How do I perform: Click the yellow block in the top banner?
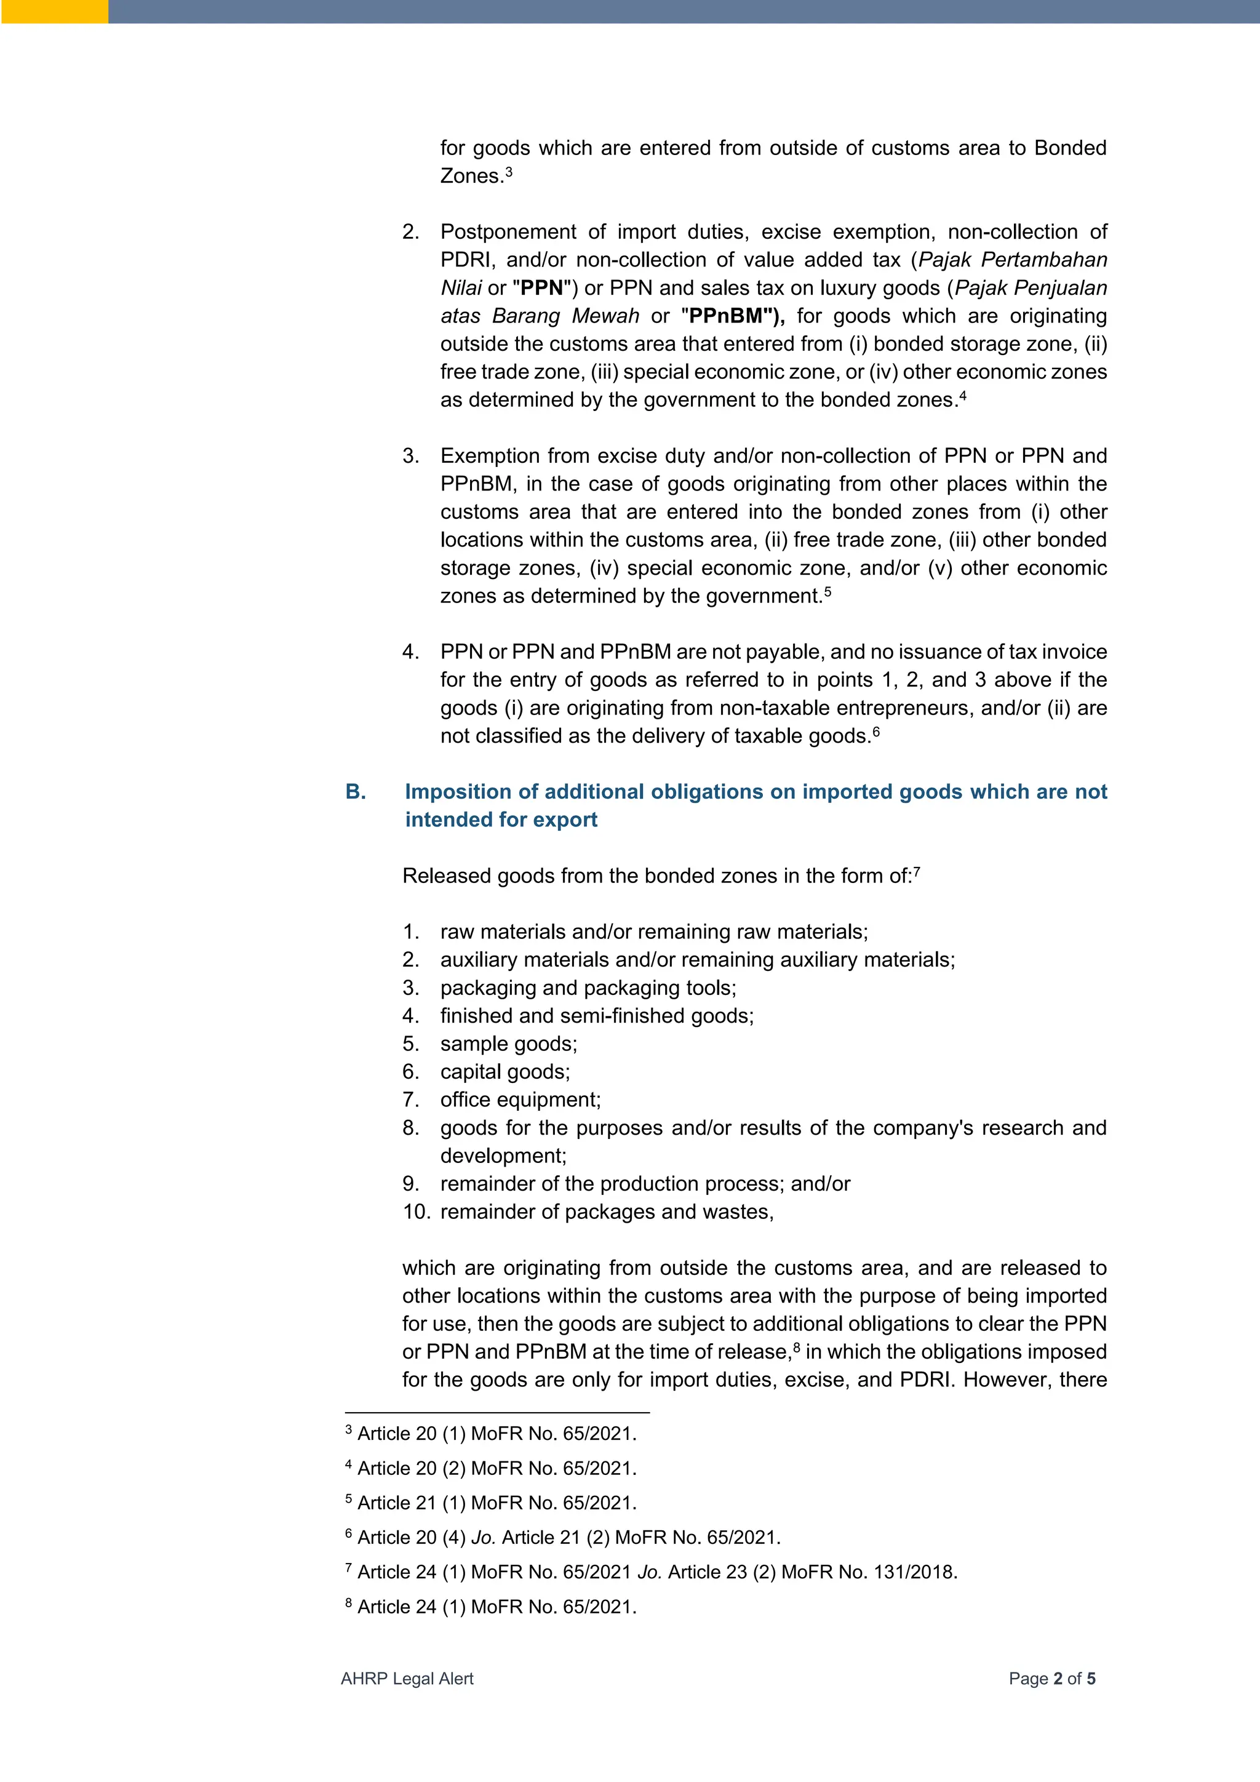tap(54, 12)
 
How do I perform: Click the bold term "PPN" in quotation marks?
tap(541, 288)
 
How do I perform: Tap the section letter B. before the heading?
tap(356, 792)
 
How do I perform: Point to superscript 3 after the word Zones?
tap(509, 170)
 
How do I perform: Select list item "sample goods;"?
tap(508, 1044)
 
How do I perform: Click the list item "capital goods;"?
tap(504, 1072)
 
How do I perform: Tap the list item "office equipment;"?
tap(520, 1100)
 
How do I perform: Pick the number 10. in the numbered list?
tap(416, 1212)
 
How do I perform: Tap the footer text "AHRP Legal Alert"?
tap(407, 1679)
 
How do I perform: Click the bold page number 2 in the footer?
tap(1058, 1679)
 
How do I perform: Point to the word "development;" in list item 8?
tap(503, 1156)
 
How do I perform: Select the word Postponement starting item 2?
tap(508, 232)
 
